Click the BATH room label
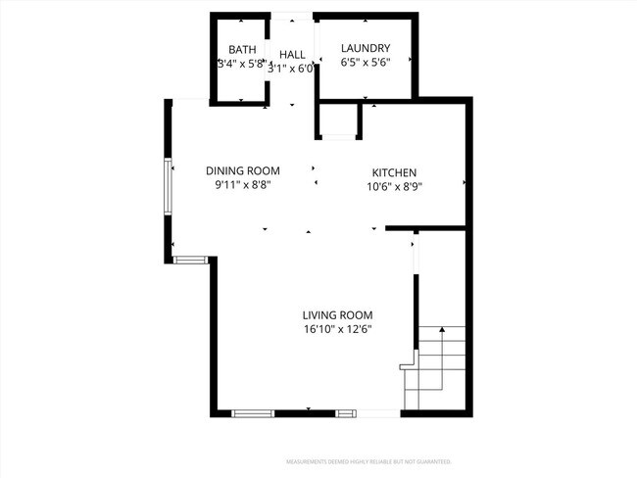(242, 49)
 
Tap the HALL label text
(292, 55)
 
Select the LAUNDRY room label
(366, 48)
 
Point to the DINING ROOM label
(242, 170)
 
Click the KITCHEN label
(394, 172)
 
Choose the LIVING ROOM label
(338, 314)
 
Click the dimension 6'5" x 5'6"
(366, 63)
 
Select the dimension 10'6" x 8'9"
(394, 186)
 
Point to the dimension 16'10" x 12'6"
(338, 329)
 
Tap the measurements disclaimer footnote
(368, 461)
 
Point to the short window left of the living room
(190, 258)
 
